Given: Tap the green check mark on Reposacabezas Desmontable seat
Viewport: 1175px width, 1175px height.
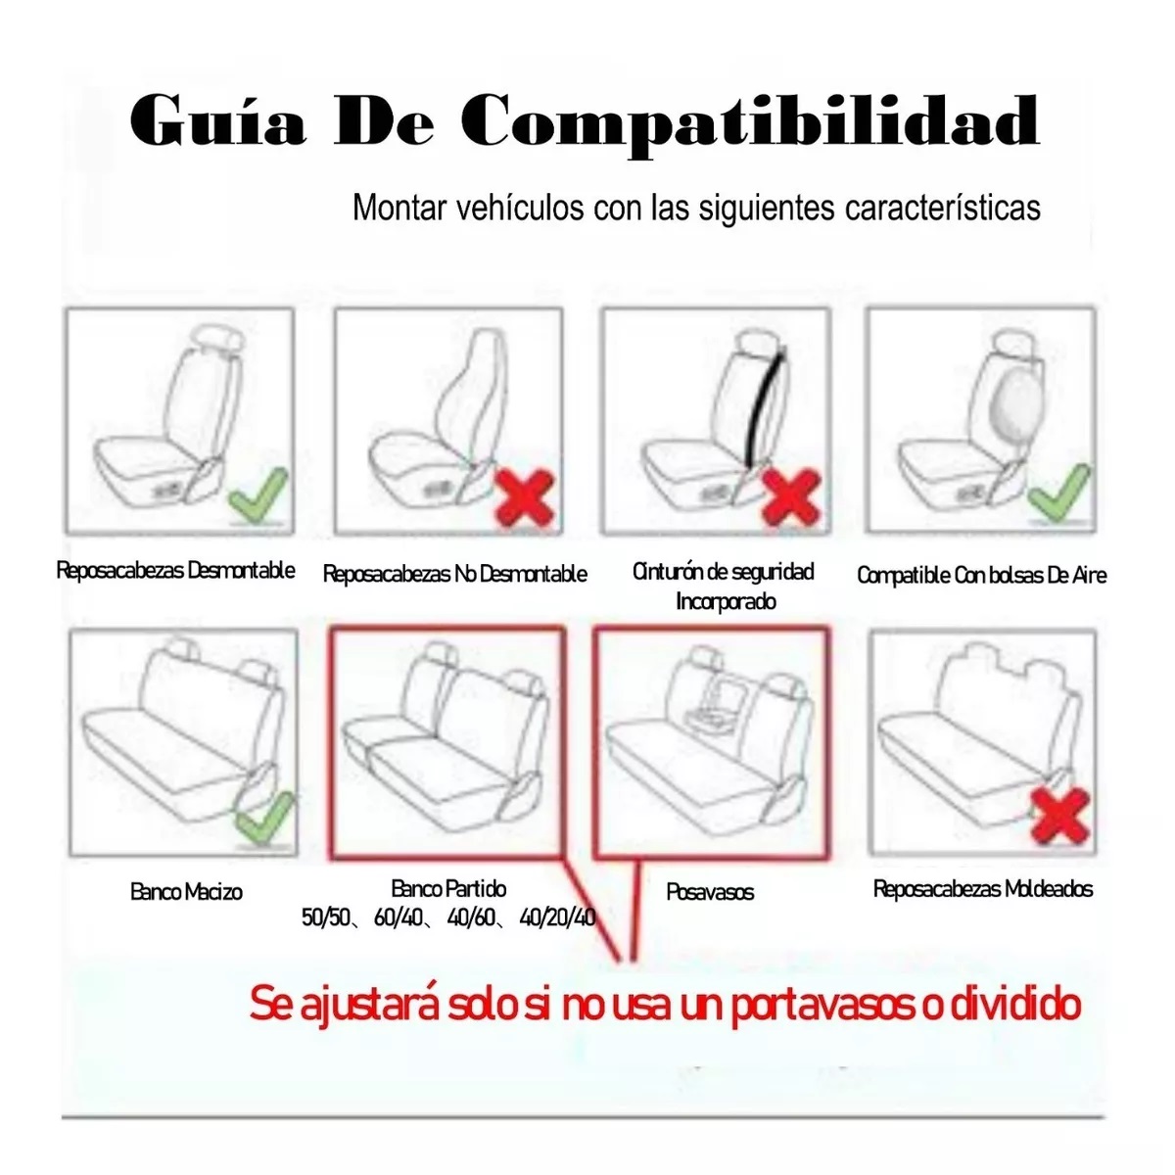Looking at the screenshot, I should [258, 494].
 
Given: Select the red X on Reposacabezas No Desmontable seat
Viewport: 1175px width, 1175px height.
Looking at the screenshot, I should [526, 497].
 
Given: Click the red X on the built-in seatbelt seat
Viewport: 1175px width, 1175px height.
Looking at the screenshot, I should [789, 496].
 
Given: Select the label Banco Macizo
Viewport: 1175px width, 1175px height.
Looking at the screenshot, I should [186, 892].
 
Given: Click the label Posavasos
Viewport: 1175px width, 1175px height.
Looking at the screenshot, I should [710, 892].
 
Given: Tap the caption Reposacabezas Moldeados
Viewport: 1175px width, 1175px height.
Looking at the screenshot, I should [982, 889].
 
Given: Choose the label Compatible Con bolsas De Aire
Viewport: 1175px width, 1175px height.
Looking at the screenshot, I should [981, 576].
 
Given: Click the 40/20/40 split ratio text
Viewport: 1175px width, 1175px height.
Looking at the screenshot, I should [557, 918].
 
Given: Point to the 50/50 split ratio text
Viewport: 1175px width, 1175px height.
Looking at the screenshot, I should [327, 918].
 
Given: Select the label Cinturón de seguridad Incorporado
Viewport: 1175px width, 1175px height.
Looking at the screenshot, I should [724, 586].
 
